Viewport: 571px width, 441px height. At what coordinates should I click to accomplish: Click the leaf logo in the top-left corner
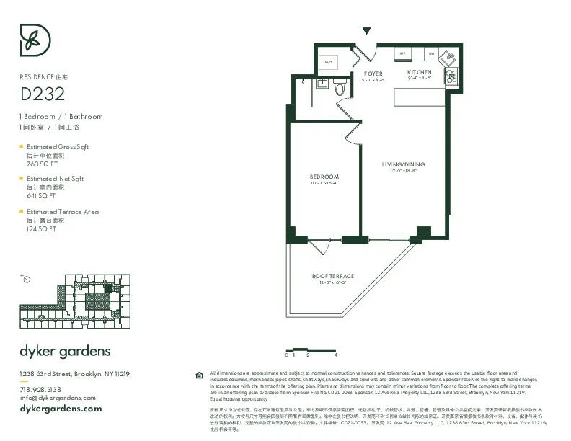[x=35, y=40]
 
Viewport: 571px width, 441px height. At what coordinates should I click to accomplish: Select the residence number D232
[x=42, y=94]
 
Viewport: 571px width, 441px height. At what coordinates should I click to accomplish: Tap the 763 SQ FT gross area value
[x=41, y=163]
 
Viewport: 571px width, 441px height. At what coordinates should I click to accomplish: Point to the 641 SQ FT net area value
[x=41, y=195]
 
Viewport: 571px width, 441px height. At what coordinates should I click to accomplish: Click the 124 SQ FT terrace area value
[x=41, y=228]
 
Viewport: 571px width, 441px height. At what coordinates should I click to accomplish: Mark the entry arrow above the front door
[x=367, y=31]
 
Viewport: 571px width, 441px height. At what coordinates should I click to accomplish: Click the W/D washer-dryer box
[x=329, y=62]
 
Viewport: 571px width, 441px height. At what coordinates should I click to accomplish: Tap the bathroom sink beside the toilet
[x=323, y=86]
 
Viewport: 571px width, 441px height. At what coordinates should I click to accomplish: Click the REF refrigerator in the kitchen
[x=403, y=54]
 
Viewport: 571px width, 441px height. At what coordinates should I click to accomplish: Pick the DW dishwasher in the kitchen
[x=431, y=54]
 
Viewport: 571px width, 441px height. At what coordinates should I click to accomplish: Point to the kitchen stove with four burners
[x=453, y=76]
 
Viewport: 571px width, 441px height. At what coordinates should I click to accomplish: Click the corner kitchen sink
[x=448, y=58]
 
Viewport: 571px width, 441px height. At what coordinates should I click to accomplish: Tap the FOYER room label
[x=373, y=73]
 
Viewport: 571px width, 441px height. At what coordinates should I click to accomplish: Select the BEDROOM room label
[x=324, y=177]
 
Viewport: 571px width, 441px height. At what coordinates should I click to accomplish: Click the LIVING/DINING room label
[x=404, y=164]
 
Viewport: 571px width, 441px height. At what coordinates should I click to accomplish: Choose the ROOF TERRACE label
[x=332, y=276]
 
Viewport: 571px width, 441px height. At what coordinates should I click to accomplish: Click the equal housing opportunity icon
[x=199, y=375]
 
